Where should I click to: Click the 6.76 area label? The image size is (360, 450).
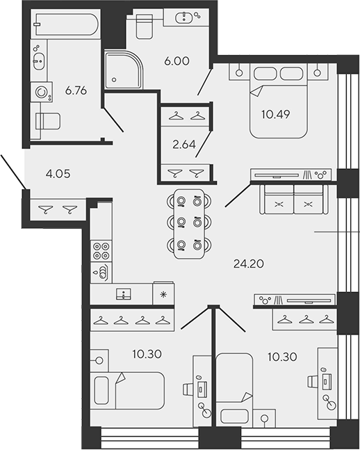(76, 89)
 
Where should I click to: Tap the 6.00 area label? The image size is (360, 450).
(177, 61)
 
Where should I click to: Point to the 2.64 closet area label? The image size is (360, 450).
(183, 145)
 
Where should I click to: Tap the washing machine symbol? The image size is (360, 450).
(43, 90)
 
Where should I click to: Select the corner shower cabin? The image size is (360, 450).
(122, 70)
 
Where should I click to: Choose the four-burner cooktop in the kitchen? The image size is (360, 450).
(101, 250)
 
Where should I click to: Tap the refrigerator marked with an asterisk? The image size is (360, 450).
(163, 294)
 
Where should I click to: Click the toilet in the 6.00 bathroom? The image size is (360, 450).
(144, 26)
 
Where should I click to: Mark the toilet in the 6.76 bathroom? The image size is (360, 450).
(47, 120)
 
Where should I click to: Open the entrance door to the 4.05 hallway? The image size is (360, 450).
(13, 171)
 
